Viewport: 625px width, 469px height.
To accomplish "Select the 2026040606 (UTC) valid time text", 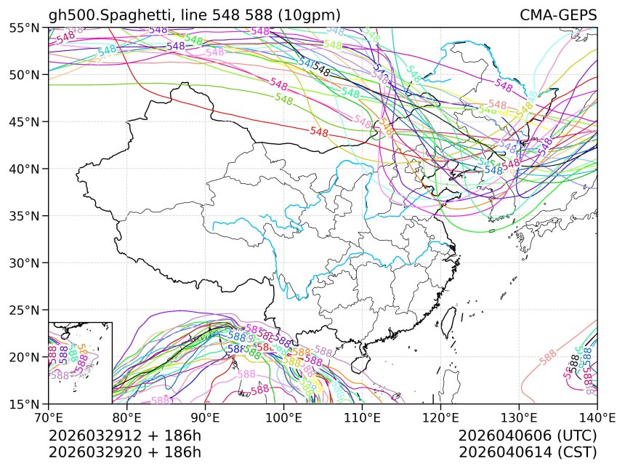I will click(x=528, y=436).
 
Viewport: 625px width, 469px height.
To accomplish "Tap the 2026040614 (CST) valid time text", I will click(x=528, y=452).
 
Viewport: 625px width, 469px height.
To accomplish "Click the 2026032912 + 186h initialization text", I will click(x=124, y=436).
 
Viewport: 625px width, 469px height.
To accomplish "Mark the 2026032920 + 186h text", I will click(x=124, y=452).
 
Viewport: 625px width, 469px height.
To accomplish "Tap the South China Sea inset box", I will click(x=80, y=362).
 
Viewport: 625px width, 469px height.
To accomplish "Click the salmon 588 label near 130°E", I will click(x=549, y=357).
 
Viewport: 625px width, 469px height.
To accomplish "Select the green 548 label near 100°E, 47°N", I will click(x=284, y=99).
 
